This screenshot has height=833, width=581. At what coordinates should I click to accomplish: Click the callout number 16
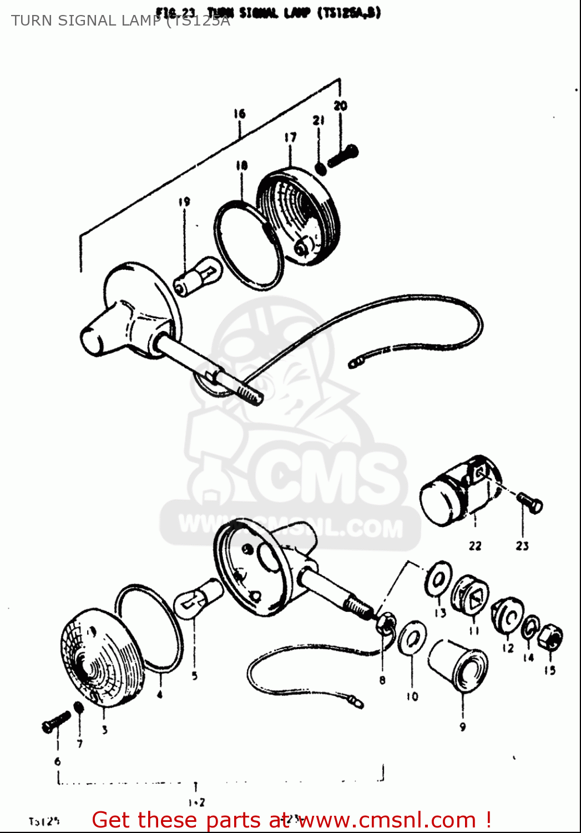(x=239, y=113)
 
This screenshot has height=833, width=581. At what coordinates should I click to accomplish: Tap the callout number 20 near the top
(x=340, y=105)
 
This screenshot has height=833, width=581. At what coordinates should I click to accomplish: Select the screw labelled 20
(x=343, y=155)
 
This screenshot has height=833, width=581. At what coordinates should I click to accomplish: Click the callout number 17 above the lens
(x=290, y=137)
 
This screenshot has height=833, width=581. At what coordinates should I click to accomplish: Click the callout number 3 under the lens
(x=104, y=730)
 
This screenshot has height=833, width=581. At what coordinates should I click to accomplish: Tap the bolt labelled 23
(x=531, y=503)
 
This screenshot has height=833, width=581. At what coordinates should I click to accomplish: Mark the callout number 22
(x=475, y=545)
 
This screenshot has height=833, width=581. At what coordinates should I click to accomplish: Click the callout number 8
(x=382, y=679)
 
